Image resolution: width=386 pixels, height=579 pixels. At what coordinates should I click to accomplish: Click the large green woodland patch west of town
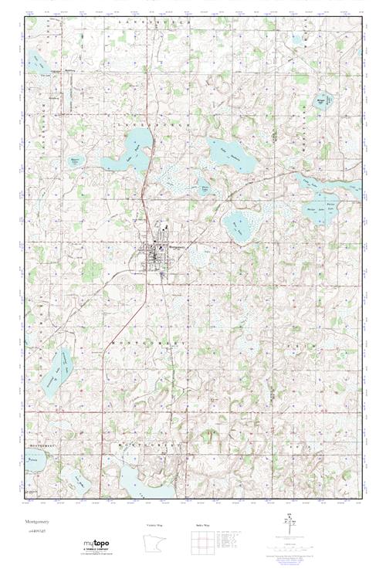click(92, 269)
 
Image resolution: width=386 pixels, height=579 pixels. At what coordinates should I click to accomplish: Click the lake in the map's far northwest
click(37, 63)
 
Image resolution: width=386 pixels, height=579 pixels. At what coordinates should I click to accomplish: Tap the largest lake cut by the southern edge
click(143, 482)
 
